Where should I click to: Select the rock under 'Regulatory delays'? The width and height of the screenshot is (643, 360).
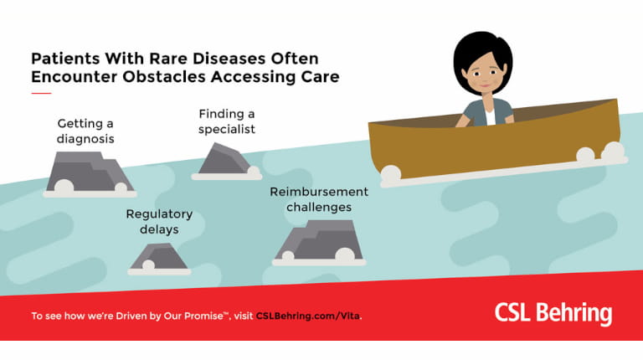159,256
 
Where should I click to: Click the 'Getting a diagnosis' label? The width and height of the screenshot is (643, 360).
85,131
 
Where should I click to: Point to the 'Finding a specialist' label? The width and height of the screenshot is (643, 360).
226,121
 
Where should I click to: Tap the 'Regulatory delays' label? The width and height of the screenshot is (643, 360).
159,221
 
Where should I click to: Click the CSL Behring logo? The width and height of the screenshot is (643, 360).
553,313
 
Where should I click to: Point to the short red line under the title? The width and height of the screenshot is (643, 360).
41,92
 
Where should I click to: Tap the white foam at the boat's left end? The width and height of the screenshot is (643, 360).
390,175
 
